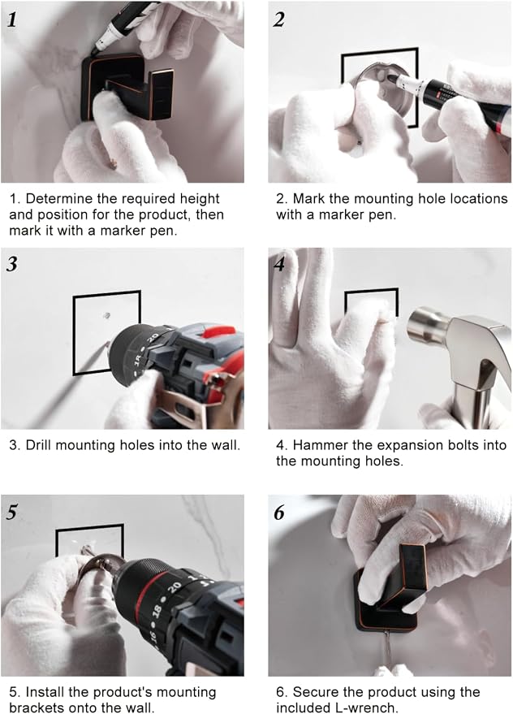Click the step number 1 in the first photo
coord(13,19)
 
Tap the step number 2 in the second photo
coord(278,19)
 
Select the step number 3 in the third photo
coord(12,265)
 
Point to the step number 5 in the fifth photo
coord(12,513)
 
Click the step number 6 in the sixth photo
coord(278,513)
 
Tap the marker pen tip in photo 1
coord(94,53)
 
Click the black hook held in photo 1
coord(127,89)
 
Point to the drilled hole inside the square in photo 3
coord(107,315)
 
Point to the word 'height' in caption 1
coord(200,199)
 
